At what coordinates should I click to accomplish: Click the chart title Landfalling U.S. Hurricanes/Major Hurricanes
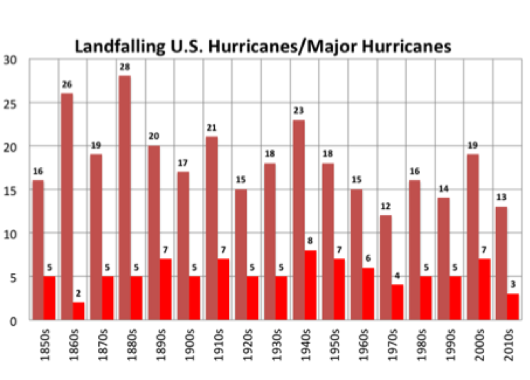pos(263,48)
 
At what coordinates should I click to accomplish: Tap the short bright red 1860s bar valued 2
pos(78,311)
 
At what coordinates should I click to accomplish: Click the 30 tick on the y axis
pos(12,60)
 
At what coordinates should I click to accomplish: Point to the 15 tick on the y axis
pos(12,190)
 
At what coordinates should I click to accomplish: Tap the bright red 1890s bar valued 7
pos(165,290)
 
